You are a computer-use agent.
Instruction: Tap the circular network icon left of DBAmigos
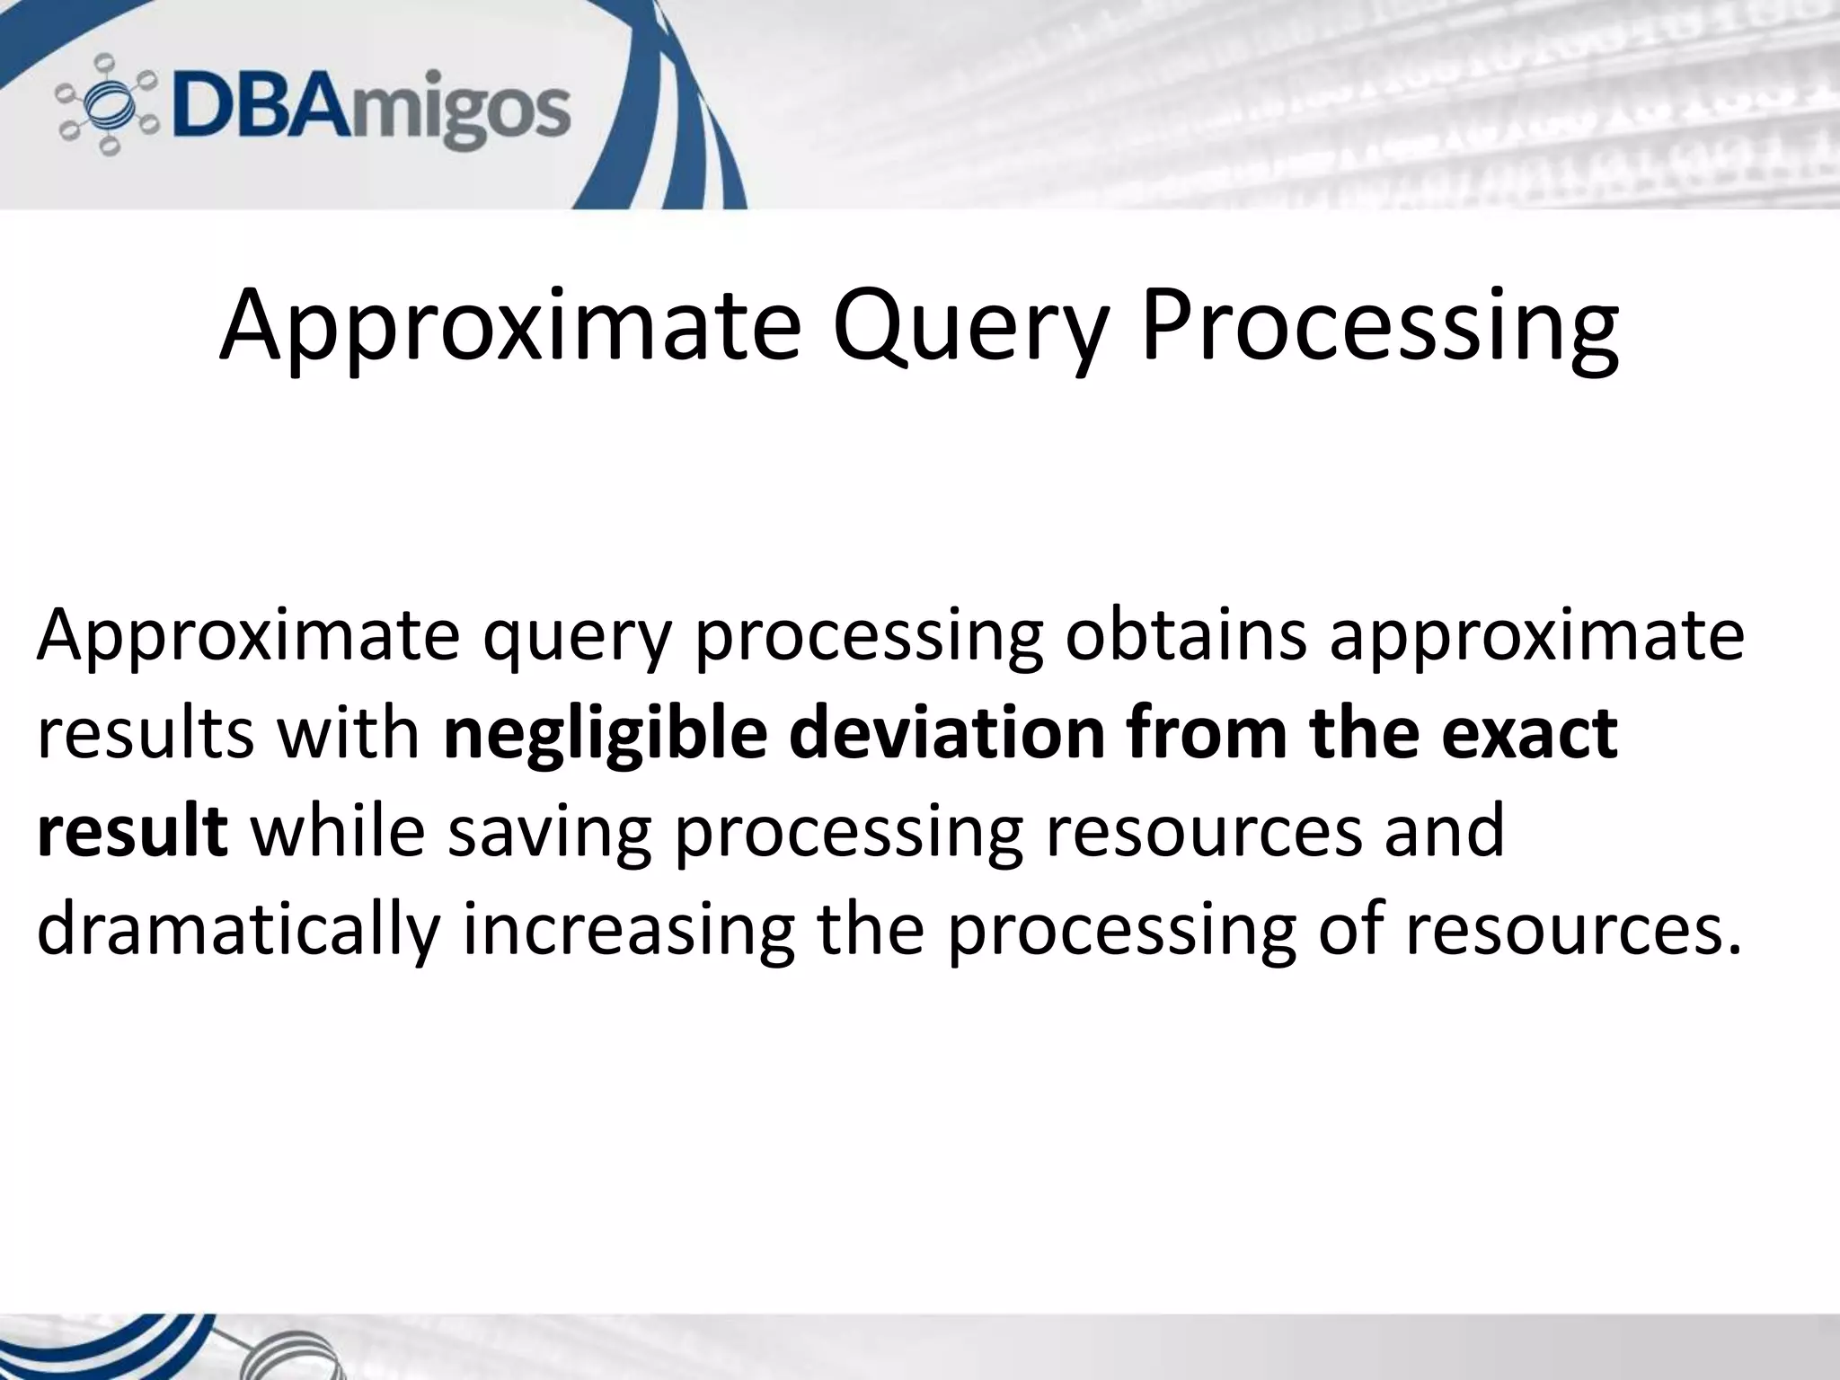tap(107, 105)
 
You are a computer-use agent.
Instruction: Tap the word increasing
tap(628, 931)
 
